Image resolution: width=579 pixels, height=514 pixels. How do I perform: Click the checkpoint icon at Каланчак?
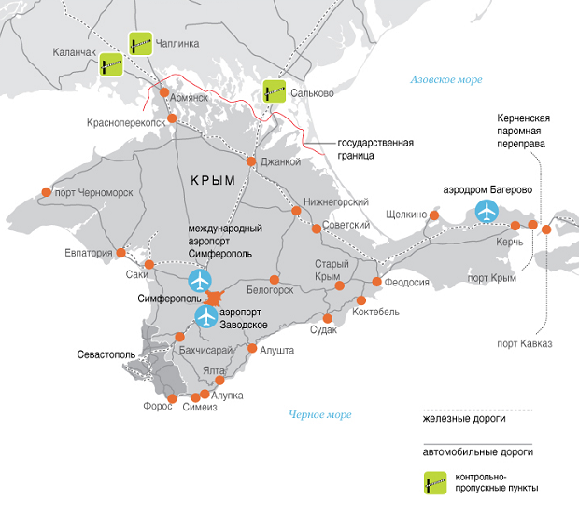pos(112,63)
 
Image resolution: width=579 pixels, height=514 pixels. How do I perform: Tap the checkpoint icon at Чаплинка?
pos(141,42)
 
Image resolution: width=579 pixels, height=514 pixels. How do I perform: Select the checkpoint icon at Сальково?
pos(275,90)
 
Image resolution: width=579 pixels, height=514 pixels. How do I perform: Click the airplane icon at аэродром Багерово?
pos(487,212)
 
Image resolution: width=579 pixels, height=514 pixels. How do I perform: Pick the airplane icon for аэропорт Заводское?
pos(206,317)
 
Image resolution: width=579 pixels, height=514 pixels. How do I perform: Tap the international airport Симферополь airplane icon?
pos(200,280)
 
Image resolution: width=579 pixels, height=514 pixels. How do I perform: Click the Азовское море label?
pos(445,80)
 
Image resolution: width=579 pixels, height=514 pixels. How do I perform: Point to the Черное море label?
pos(320,414)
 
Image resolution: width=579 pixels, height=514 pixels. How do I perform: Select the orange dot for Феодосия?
pos(377,282)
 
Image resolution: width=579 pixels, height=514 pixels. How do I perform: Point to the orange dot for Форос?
pos(171,399)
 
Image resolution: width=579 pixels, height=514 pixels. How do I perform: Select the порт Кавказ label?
pos(524,343)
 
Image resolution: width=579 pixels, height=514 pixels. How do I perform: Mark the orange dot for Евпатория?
pos(120,253)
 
